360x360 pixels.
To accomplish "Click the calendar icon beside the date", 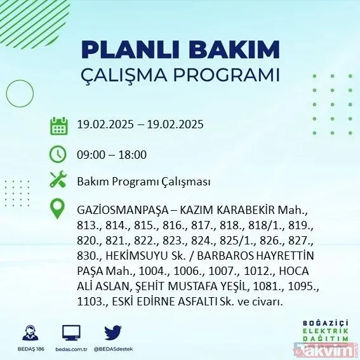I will pyautogui.click(x=59, y=125).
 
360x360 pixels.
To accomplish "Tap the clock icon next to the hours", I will pyautogui.click(x=59, y=154).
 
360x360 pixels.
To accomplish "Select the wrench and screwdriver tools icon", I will pyautogui.click(x=59, y=181).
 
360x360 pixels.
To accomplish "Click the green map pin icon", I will pyautogui.click(x=59, y=210).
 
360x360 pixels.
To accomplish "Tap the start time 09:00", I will pyautogui.click(x=91, y=154).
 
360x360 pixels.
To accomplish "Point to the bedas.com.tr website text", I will pyautogui.click(x=71, y=348).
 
